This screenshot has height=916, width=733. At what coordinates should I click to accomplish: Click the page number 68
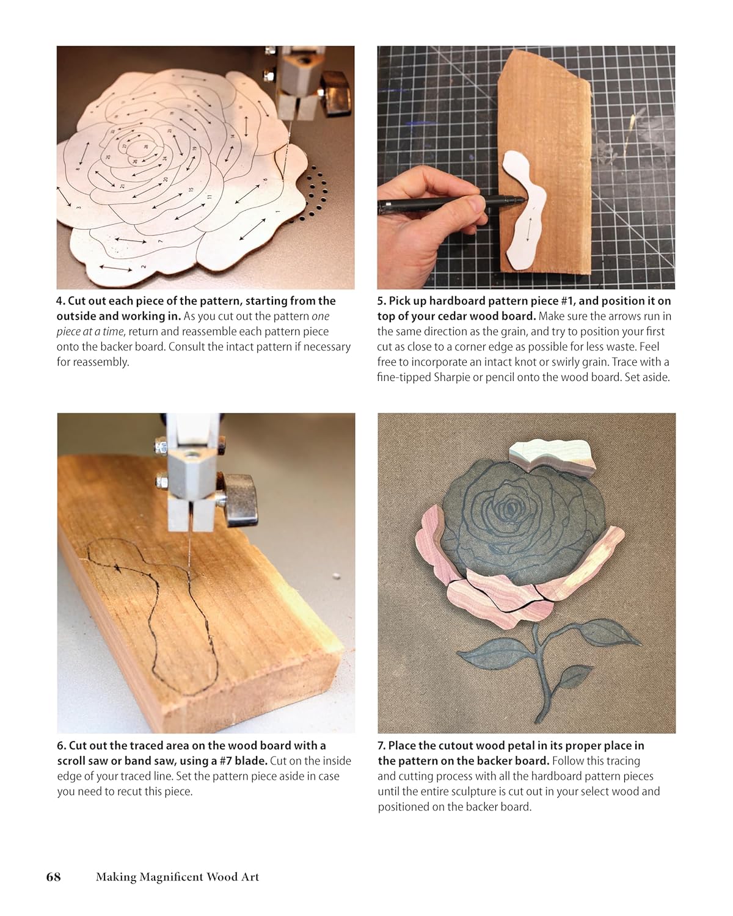(53, 877)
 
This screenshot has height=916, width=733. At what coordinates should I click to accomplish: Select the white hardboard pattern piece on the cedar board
(524, 210)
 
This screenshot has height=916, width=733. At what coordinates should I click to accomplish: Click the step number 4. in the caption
(60, 301)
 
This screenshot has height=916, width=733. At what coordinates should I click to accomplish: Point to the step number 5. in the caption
(381, 301)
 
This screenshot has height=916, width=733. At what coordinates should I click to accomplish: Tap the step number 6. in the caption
(62, 746)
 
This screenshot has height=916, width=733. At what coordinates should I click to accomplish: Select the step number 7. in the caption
(382, 746)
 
